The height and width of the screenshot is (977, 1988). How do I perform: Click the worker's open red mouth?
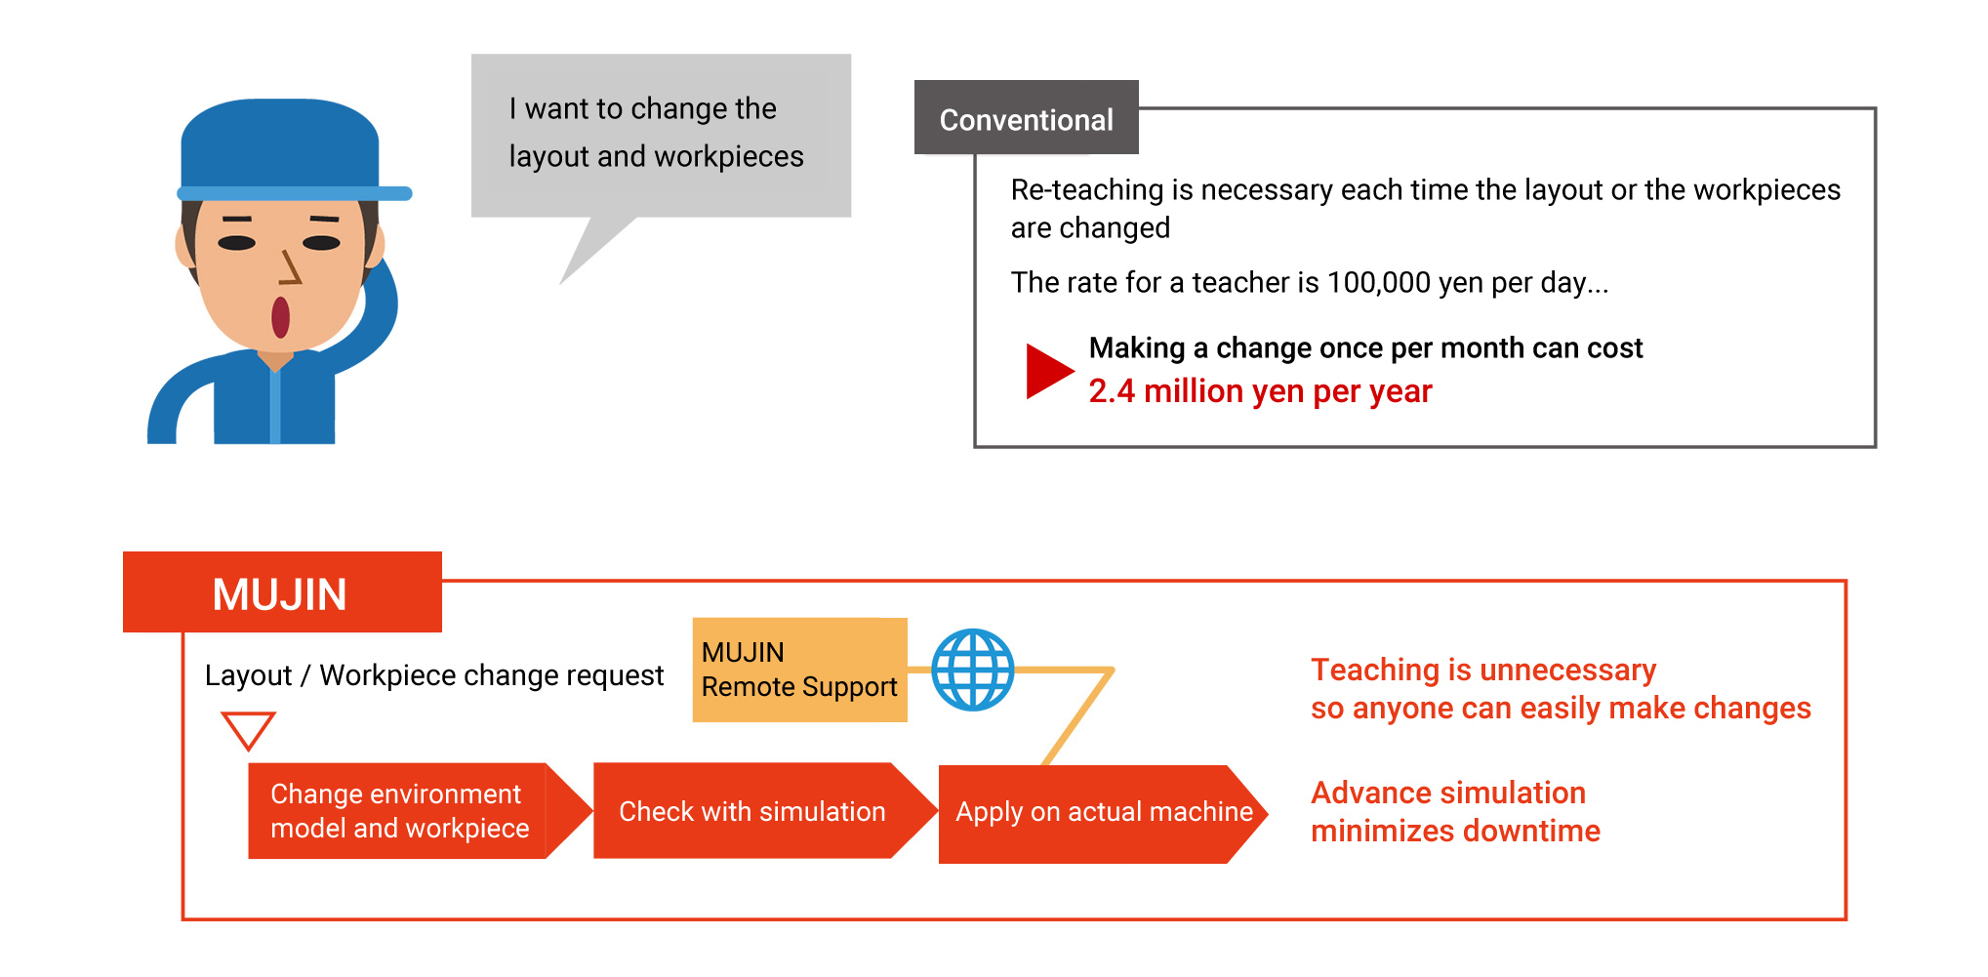[280, 317]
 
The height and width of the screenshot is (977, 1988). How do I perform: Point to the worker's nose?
[290, 266]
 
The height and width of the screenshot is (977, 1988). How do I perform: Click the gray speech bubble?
[661, 137]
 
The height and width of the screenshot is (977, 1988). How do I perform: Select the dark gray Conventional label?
[1026, 117]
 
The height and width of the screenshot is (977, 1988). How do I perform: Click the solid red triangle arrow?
[1049, 371]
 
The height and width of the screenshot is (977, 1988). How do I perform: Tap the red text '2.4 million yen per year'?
[1260, 391]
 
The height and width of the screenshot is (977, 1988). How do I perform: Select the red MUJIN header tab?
[282, 592]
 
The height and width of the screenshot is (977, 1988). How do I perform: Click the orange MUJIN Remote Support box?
[799, 670]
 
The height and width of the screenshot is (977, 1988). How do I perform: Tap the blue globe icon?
[972, 670]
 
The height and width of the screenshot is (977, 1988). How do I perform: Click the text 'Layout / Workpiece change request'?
[433, 675]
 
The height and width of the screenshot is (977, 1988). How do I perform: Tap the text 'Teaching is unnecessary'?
[1483, 670]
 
